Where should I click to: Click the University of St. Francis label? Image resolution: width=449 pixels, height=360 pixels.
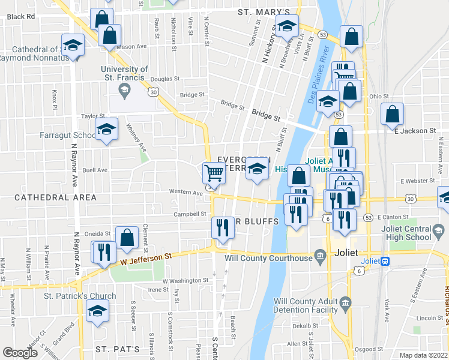click(x=124, y=73)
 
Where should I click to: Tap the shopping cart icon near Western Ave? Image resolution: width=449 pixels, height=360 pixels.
click(x=214, y=173)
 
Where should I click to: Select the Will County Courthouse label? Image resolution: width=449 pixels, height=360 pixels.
click(x=269, y=259)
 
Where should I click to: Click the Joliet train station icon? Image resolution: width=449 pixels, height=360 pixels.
click(x=385, y=261)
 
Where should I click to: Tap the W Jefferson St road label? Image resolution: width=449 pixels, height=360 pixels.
click(x=146, y=256)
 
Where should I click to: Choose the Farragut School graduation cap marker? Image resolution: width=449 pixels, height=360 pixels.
click(x=106, y=129)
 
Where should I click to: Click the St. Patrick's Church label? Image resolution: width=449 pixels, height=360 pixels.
click(x=80, y=296)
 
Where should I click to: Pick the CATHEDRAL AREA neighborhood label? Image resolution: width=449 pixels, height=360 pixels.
click(x=55, y=197)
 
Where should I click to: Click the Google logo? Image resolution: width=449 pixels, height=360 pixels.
click(x=20, y=353)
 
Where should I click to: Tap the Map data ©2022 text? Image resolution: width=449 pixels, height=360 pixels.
click(x=423, y=355)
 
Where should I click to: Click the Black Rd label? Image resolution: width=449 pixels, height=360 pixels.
click(x=21, y=17)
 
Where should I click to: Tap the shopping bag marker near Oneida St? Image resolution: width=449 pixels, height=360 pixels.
click(x=127, y=238)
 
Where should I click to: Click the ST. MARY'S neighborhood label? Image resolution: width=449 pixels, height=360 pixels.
click(x=264, y=12)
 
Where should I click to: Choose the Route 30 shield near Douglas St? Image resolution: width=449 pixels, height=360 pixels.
click(x=154, y=92)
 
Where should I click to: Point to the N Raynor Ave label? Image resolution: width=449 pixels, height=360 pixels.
click(x=76, y=172)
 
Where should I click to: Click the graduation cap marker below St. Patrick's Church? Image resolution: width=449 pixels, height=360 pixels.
click(x=96, y=312)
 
